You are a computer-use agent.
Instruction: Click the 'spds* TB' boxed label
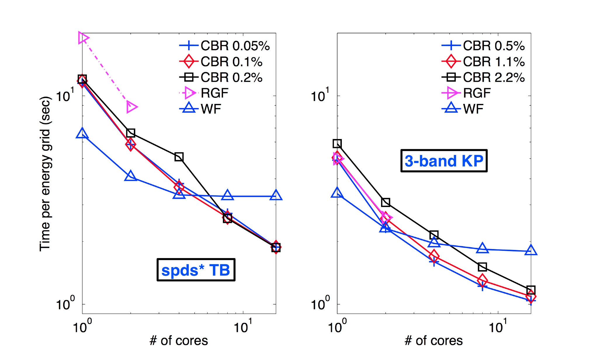coord(196,270)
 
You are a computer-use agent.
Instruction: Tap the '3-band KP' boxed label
coord(444,161)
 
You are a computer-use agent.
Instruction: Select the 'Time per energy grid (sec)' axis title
coord(46,174)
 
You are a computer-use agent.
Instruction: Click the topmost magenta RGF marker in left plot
coord(83,38)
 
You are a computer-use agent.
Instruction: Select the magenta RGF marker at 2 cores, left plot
coord(131,107)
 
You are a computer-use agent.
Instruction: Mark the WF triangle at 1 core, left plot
coord(82,134)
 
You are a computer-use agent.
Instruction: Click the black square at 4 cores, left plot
coord(179,157)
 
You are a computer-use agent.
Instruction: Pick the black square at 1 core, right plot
coord(337,144)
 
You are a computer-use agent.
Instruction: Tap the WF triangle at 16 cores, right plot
coord(531,251)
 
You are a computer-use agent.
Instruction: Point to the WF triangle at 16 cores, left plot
coord(276,195)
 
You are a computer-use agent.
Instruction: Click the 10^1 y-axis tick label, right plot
coord(320,95)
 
